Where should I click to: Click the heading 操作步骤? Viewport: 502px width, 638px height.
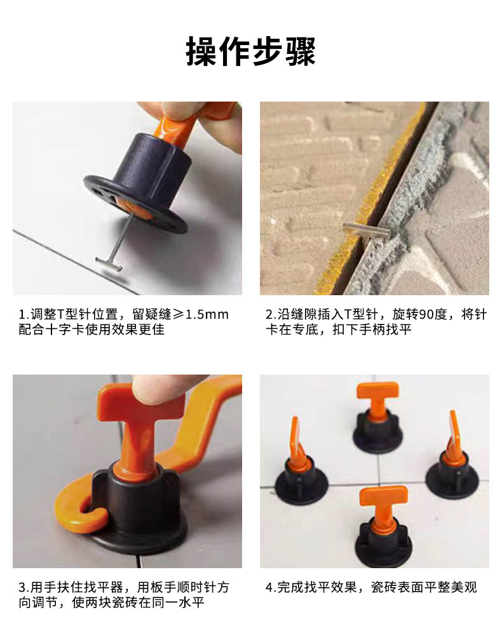click(x=251, y=51)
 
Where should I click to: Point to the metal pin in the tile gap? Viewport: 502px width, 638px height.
click(x=366, y=230)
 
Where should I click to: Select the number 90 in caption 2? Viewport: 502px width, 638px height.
click(x=426, y=314)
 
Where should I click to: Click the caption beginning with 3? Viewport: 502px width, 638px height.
click(x=124, y=595)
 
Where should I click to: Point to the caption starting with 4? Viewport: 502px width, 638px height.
click(x=371, y=588)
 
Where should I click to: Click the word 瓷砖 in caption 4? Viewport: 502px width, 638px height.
click(x=384, y=588)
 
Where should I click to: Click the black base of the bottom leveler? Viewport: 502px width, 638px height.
click(x=383, y=545)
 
